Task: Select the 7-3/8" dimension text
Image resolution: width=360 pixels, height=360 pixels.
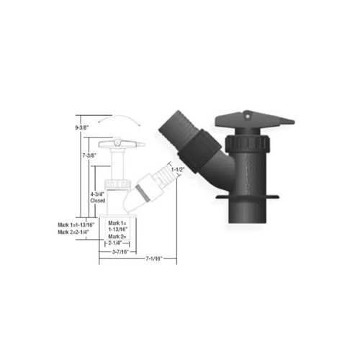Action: click(90, 155)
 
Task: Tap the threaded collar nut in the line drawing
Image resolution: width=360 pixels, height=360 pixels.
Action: click(117, 183)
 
